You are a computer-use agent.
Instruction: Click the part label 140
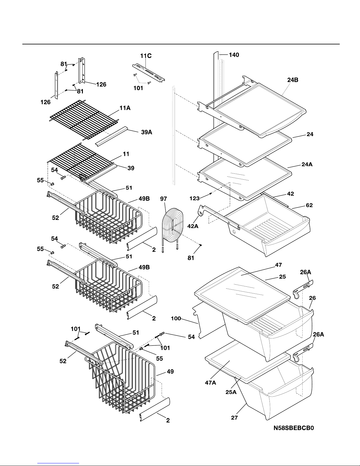pyautogui.click(x=234, y=55)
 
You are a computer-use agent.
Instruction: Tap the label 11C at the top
pyautogui.click(x=145, y=56)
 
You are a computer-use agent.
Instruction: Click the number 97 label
pyautogui.click(x=164, y=199)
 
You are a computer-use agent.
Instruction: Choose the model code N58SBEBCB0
pyautogui.click(x=294, y=428)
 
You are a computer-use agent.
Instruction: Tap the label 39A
pyautogui.click(x=146, y=132)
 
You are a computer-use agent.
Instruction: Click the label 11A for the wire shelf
pyautogui.click(x=125, y=108)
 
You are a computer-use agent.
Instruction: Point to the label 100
pyautogui.click(x=176, y=318)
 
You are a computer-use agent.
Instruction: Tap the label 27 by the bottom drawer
pyautogui.click(x=234, y=417)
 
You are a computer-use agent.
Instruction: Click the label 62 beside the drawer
pyautogui.click(x=309, y=206)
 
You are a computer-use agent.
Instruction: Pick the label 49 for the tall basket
pyautogui.click(x=170, y=372)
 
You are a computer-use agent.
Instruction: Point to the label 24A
pyautogui.click(x=307, y=165)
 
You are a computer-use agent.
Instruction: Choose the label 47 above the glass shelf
pyautogui.click(x=278, y=265)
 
